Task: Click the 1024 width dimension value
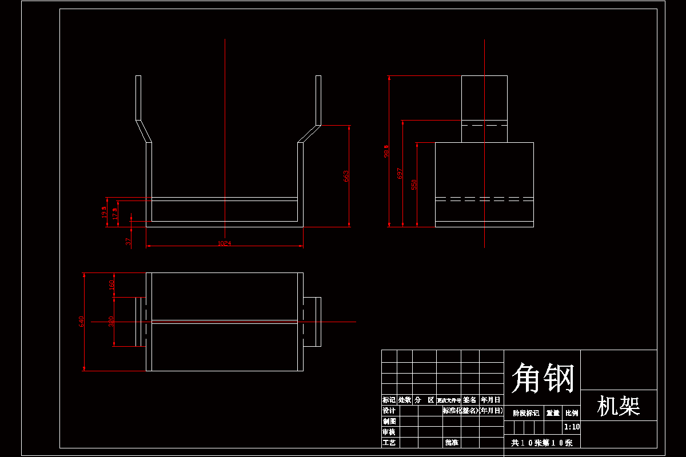pyautogui.click(x=224, y=244)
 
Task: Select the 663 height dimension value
pyautogui.click(x=346, y=176)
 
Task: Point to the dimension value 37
pyautogui.click(x=129, y=242)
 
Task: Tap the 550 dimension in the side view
pyautogui.click(x=414, y=184)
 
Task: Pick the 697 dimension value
pyautogui.click(x=400, y=174)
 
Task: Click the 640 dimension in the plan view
pyautogui.click(x=81, y=322)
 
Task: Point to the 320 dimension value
pyautogui.click(x=111, y=322)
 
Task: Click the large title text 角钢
pyautogui.click(x=542, y=378)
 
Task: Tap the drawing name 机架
pyautogui.click(x=619, y=406)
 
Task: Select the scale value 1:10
pyautogui.click(x=572, y=427)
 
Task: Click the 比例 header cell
pyautogui.click(x=572, y=413)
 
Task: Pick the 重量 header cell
pyautogui.click(x=553, y=413)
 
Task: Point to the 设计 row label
pyautogui.click(x=389, y=411)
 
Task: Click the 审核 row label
pyautogui.click(x=389, y=432)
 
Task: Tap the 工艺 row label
pyautogui.click(x=389, y=443)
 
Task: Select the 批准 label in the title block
pyautogui.click(x=452, y=443)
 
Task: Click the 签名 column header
pyautogui.click(x=470, y=400)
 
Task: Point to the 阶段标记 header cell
pyautogui.click(x=526, y=413)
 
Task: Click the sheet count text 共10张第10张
pyautogui.click(x=541, y=443)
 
